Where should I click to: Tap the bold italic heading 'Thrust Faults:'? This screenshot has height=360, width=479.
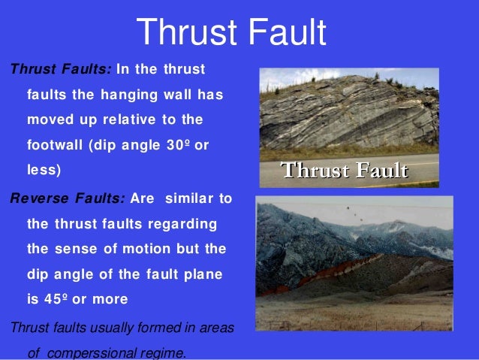point(60,70)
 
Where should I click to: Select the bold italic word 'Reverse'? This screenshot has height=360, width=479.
point(38,199)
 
